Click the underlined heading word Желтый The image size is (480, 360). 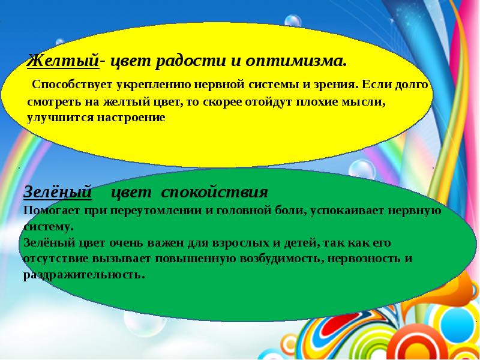pyautogui.click(x=63, y=61)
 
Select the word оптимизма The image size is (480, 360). pyautogui.click(x=296, y=61)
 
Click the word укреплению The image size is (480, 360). pyautogui.click(x=154, y=84)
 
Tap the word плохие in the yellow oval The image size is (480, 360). pyautogui.click(x=317, y=101)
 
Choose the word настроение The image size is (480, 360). pyautogui.click(x=131, y=118)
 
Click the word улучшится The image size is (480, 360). pyautogui.click(x=61, y=118)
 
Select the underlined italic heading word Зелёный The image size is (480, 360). pyautogui.click(x=58, y=192)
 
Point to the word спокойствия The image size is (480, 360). pyautogui.click(x=214, y=193)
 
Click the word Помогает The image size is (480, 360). pyautogui.click(x=52, y=211)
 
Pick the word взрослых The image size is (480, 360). pyautogui.click(x=239, y=243)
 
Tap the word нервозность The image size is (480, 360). pyautogui.click(x=364, y=259)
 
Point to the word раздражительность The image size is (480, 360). pyautogui.click(x=83, y=275)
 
